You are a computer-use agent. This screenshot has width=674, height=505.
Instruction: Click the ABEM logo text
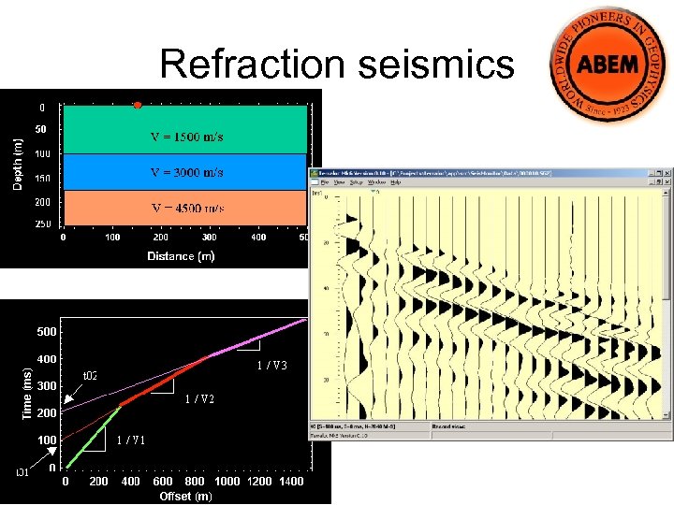pyautogui.click(x=609, y=65)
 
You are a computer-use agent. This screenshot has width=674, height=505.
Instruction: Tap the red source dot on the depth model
pyautogui.click(x=138, y=105)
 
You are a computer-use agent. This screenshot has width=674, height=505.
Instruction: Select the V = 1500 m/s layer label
pyautogui.click(x=187, y=137)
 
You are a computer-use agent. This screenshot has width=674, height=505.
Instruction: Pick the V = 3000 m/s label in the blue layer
pyautogui.click(x=187, y=173)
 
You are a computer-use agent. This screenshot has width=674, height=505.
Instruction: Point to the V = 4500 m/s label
pyautogui.click(x=187, y=208)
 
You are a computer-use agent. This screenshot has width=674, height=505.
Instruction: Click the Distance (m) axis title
pyautogui.click(x=181, y=256)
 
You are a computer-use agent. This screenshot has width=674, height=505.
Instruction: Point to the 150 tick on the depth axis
pyautogui.click(x=43, y=178)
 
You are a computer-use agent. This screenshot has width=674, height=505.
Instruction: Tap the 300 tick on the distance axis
pyautogui.click(x=209, y=238)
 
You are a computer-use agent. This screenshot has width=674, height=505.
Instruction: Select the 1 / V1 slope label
pyautogui.click(x=131, y=440)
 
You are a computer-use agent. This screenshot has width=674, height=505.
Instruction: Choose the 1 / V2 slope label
pyautogui.click(x=199, y=399)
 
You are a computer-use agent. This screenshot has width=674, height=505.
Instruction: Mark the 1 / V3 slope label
pyautogui.click(x=271, y=366)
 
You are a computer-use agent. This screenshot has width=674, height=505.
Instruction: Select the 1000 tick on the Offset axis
pyautogui.click(x=227, y=482)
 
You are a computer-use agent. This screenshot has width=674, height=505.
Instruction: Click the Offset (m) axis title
pyautogui.click(x=185, y=496)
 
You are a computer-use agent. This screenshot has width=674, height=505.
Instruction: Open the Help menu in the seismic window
pyautogui.click(x=396, y=182)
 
